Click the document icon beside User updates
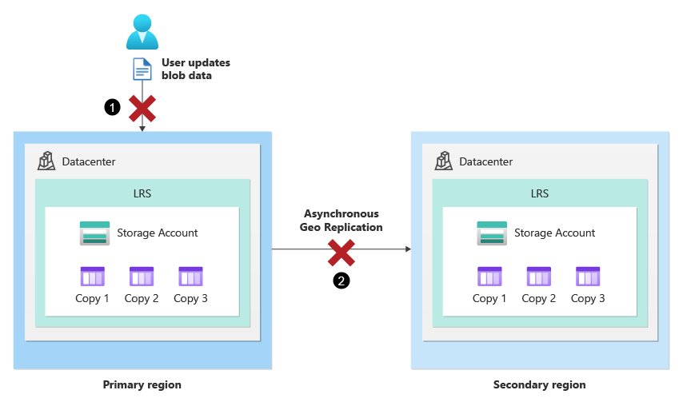[142, 70]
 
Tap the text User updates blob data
[195, 69]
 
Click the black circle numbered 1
[113, 106]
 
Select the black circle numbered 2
[341, 281]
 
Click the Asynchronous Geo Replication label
[341, 221]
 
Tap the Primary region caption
[142, 384]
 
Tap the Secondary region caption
[539, 384]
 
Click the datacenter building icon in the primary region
[46, 161]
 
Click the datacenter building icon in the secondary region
[444, 161]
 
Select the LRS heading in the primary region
[142, 193]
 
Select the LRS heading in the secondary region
[539, 193]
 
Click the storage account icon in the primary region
[94, 233]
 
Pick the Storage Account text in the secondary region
[554, 233]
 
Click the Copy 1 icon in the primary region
[93, 277]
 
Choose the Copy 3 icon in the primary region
[190, 277]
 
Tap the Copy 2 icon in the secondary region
[538, 277]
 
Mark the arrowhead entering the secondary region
[407, 249]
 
